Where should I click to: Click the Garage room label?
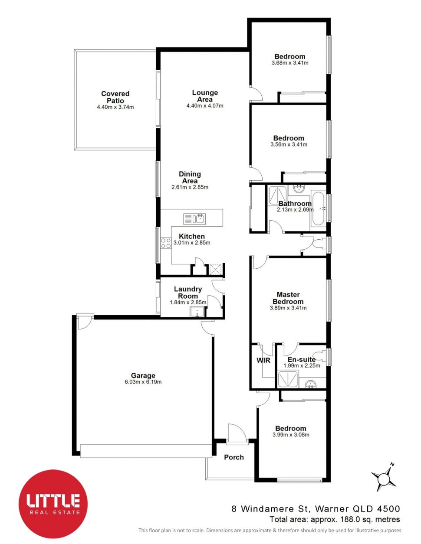click(x=143, y=376)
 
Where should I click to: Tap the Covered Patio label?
click(x=115, y=97)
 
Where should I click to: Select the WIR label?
click(x=263, y=360)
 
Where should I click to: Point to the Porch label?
click(x=234, y=457)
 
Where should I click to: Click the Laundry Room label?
click(x=188, y=293)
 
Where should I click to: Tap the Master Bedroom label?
click(x=288, y=298)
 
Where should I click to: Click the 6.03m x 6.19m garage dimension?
click(x=143, y=382)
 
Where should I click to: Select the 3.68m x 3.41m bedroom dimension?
click(x=289, y=63)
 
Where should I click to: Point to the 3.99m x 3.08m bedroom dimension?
click(x=291, y=435)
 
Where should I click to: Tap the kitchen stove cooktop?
click(x=166, y=243)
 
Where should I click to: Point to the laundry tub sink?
click(x=197, y=311)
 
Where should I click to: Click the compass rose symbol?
click(x=384, y=479)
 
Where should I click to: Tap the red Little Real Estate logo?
click(x=53, y=504)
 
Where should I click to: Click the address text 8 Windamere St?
click(x=269, y=509)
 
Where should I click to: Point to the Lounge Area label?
click(x=205, y=96)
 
